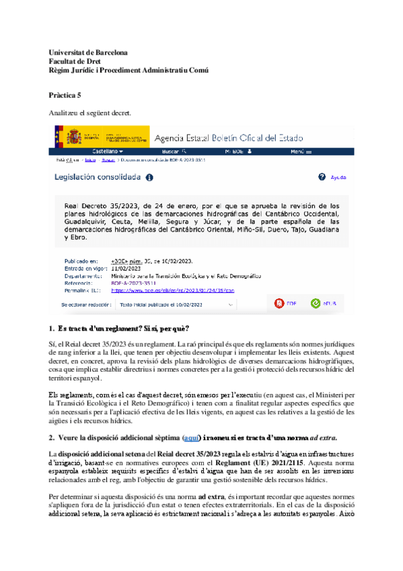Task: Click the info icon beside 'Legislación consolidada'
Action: pyautogui.click(x=149, y=178)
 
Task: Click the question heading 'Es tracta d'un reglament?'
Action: pyautogui.click(x=99, y=328)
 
